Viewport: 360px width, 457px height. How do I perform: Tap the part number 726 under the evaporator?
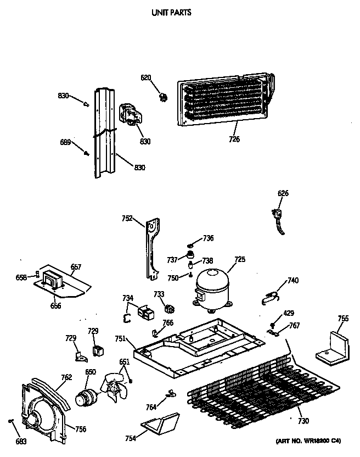click(234, 139)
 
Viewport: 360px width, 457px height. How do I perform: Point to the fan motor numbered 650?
click(86, 395)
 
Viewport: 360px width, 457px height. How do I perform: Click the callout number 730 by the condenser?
click(303, 421)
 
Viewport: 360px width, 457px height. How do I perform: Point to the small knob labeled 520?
click(162, 97)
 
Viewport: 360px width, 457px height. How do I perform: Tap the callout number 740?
click(293, 281)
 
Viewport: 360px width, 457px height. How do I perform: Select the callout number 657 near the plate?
click(76, 267)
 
